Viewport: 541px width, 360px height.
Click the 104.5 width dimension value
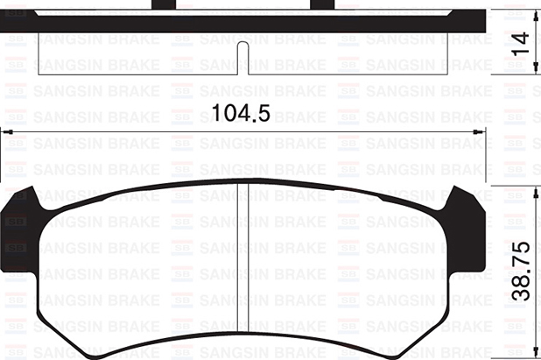(238, 112)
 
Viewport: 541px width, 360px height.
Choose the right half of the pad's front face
(350, 263)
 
